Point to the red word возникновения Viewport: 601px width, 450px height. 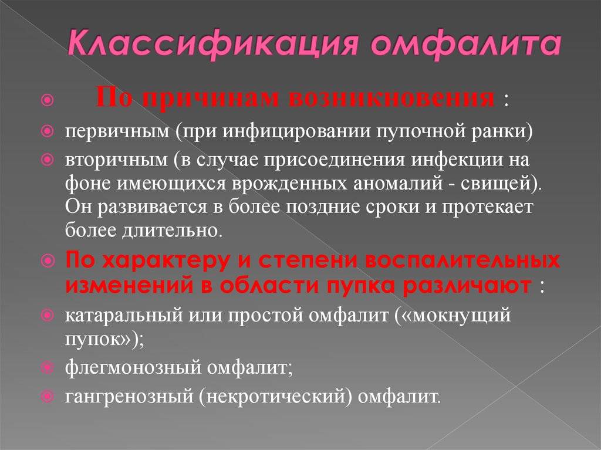(x=391, y=98)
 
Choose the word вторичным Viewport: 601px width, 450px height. (x=117, y=160)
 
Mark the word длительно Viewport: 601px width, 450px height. (x=170, y=230)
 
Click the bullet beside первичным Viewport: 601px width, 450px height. (x=47, y=131)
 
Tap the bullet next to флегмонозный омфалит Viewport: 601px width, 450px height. (x=47, y=368)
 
